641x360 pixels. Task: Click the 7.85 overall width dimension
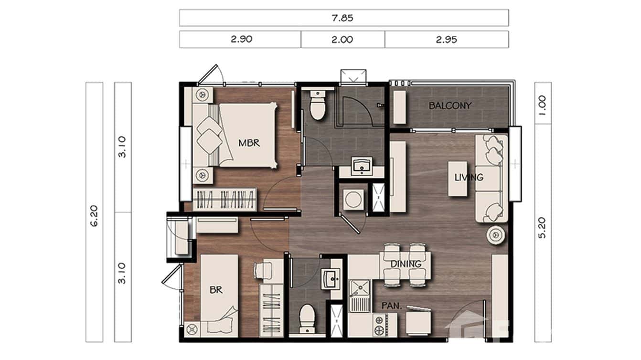pos(343,18)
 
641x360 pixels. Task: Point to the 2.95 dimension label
pos(446,40)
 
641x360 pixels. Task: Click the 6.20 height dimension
pos(94,215)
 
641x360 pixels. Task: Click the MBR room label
pos(249,143)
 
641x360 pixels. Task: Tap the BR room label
pos(216,289)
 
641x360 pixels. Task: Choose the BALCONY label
pos(450,106)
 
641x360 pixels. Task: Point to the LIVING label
pos(469,178)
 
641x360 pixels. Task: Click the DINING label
pos(406,264)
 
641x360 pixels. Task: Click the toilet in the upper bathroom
pos(318,106)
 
